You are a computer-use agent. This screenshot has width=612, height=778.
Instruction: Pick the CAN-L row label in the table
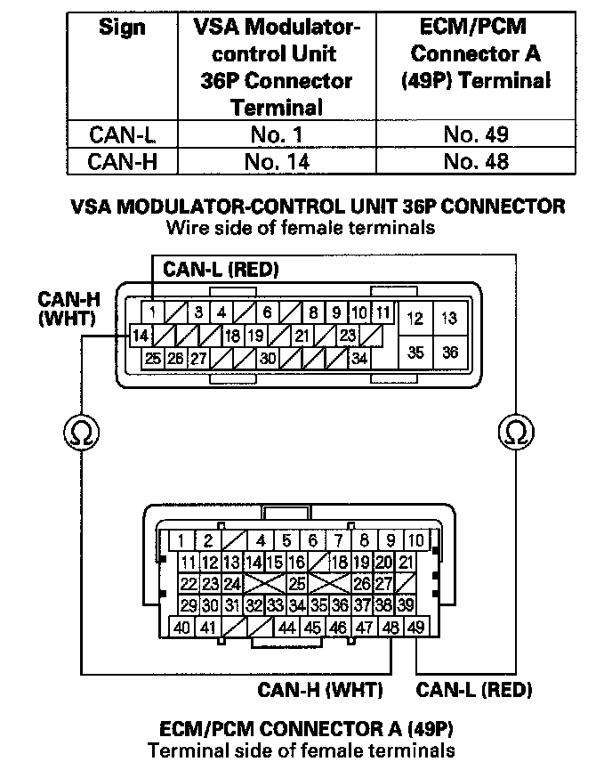121,135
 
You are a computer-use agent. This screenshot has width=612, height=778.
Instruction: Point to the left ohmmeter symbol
82,434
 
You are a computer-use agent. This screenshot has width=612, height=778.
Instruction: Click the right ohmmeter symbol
514,434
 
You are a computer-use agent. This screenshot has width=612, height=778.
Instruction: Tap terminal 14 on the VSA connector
140,336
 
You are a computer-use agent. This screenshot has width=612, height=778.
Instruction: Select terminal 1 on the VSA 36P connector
153,313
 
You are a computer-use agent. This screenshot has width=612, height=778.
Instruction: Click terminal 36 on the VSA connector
449,353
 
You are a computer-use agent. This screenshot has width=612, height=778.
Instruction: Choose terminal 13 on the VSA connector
449,318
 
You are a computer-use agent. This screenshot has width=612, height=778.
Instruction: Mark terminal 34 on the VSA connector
359,359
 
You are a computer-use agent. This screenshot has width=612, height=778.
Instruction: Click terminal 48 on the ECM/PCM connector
391,628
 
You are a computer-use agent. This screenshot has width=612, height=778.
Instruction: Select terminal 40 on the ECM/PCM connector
181,628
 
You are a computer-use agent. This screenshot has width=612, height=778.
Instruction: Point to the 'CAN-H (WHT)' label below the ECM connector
320,689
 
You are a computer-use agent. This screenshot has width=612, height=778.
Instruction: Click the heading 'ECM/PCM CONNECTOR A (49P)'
302,729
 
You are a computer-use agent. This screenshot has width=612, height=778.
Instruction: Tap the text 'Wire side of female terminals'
301,228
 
